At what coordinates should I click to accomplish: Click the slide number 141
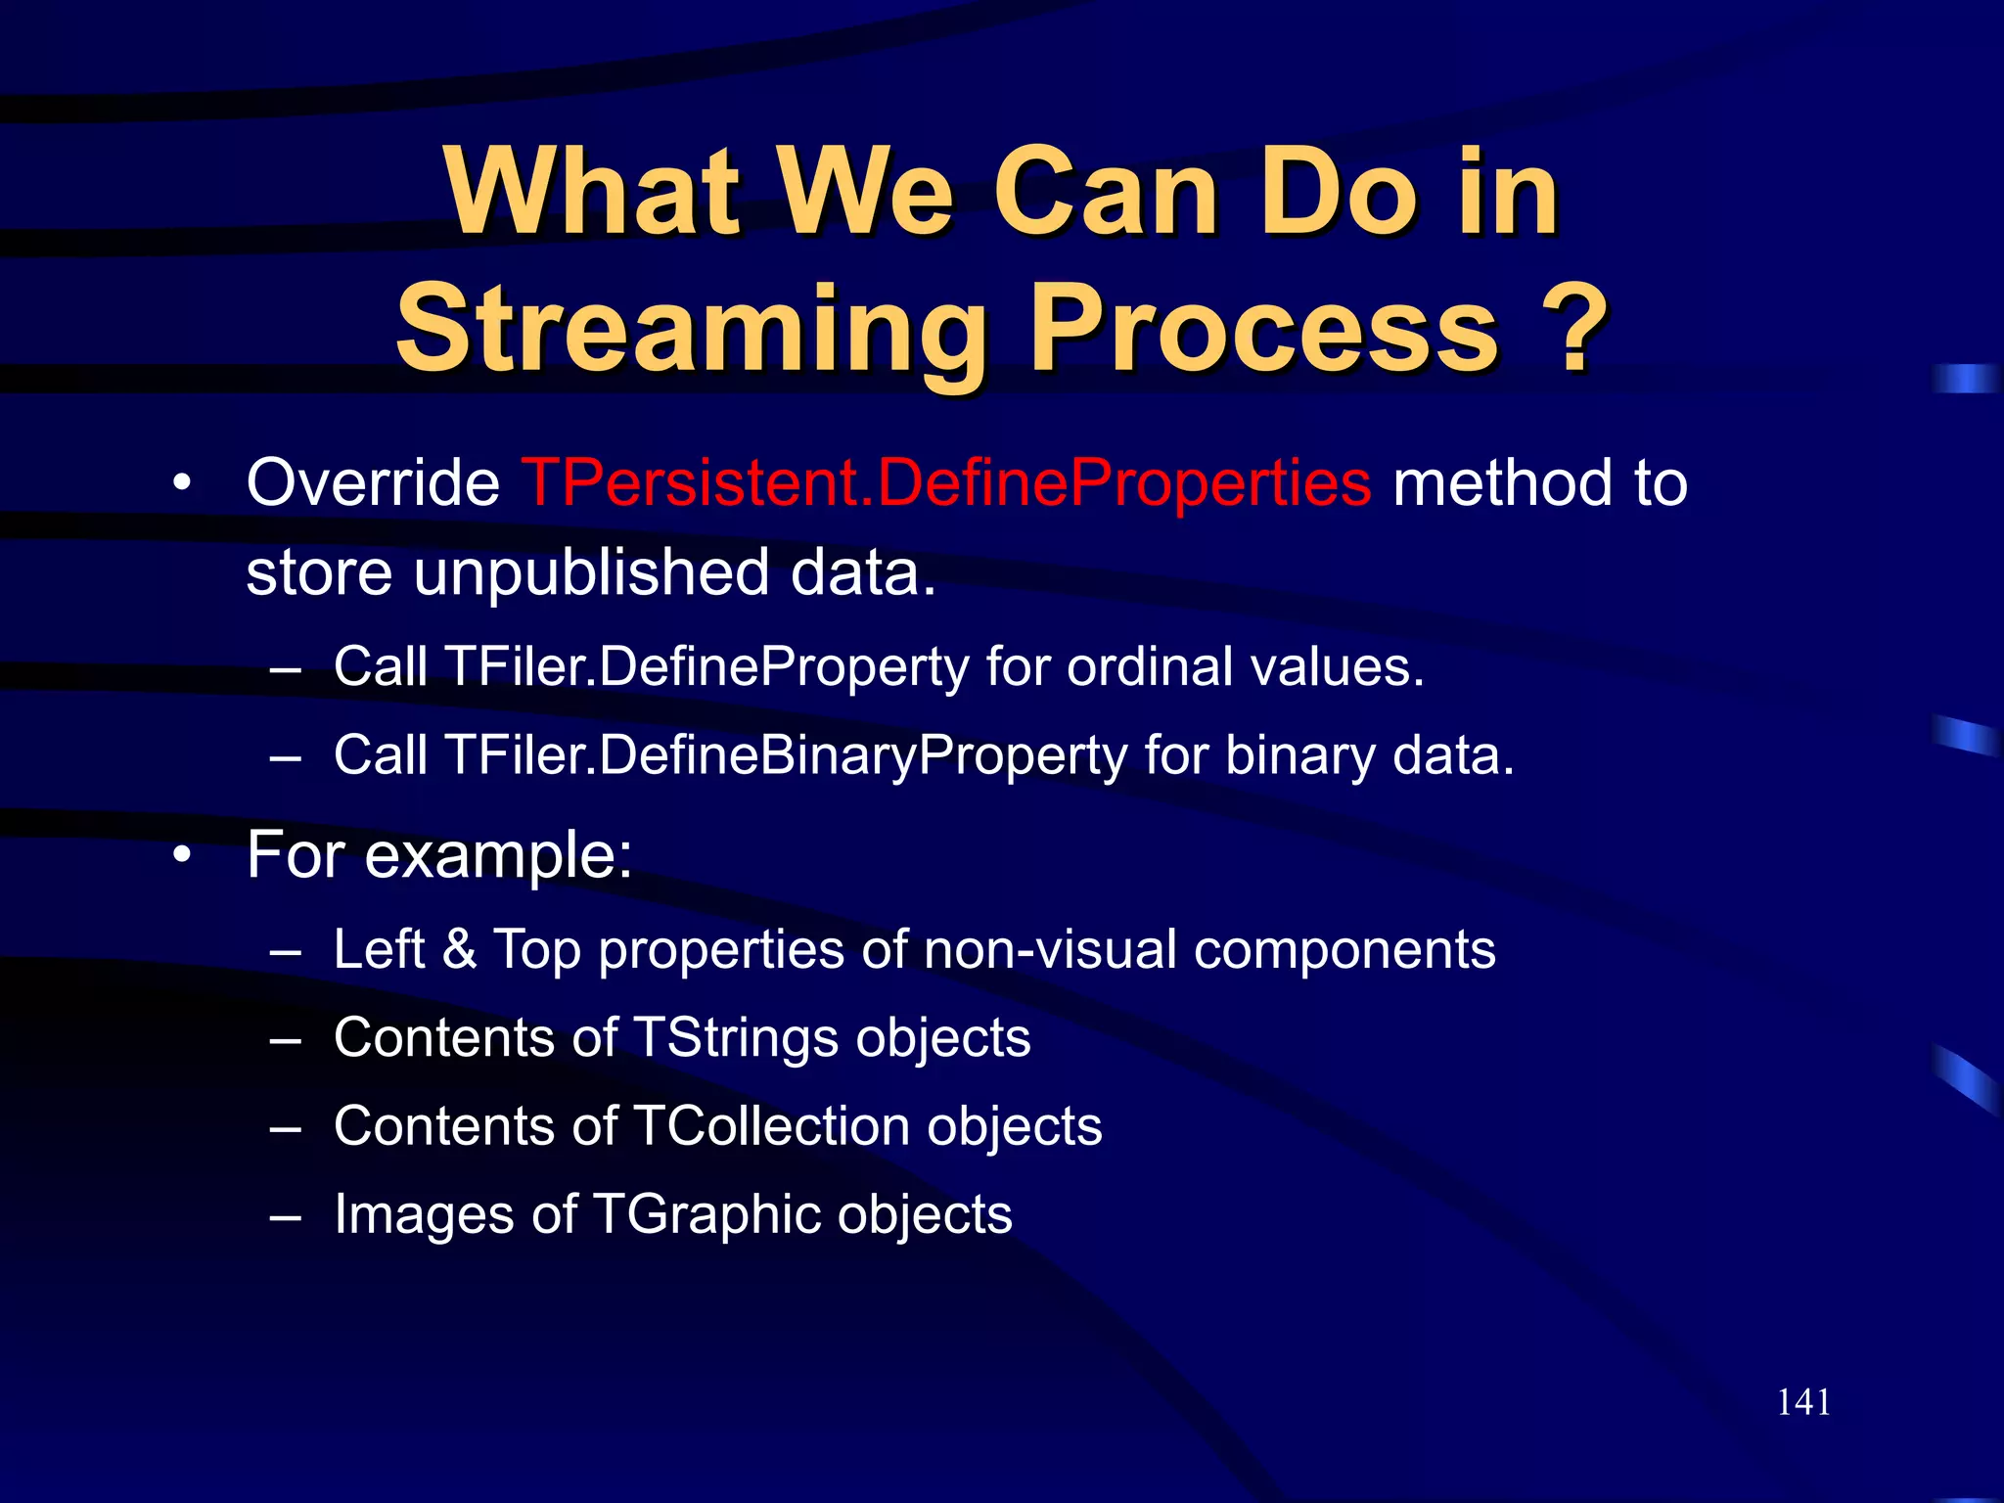tap(1803, 1402)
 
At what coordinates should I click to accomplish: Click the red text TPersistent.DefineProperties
tap(945, 482)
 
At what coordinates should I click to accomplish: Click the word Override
tap(373, 482)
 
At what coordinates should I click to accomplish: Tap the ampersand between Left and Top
tap(459, 949)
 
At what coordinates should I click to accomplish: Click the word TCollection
tap(772, 1126)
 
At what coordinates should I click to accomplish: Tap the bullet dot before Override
tap(181, 483)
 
